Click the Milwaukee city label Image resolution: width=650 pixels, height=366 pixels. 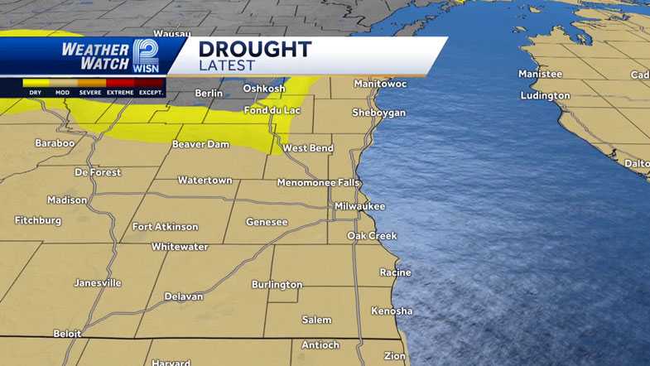click(x=359, y=205)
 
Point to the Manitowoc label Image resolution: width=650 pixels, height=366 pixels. click(x=381, y=84)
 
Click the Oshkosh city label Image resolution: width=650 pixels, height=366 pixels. click(x=263, y=89)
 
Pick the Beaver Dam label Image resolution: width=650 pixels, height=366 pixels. click(x=200, y=145)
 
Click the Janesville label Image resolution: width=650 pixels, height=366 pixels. click(x=98, y=282)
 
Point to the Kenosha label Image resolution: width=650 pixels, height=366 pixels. click(x=392, y=311)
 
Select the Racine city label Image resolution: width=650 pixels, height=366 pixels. click(x=395, y=272)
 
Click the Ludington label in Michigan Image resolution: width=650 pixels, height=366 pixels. click(x=545, y=95)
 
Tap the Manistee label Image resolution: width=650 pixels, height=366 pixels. click(x=540, y=74)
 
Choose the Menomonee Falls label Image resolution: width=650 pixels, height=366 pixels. click(x=318, y=182)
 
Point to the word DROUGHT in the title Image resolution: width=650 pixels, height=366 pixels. click(x=255, y=49)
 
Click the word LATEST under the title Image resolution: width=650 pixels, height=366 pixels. click(x=227, y=65)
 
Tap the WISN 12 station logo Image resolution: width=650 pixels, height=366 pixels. click(x=146, y=56)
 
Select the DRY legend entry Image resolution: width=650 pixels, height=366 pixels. click(x=35, y=93)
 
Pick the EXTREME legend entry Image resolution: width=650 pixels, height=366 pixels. click(x=120, y=93)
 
